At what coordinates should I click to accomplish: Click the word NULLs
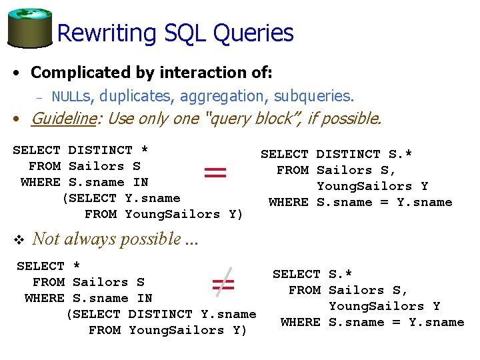click(73, 97)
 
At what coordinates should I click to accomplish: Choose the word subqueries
click(314, 96)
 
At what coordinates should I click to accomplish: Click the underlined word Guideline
click(66, 119)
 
